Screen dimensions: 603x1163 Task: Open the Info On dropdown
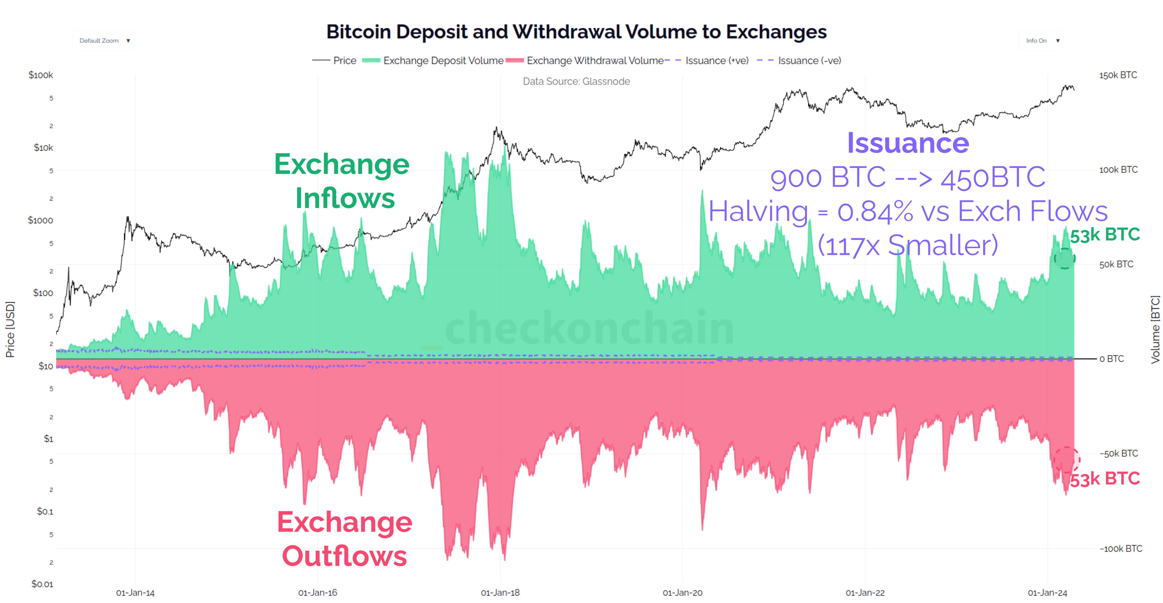tap(1041, 41)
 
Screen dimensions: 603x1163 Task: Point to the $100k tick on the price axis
tap(41, 75)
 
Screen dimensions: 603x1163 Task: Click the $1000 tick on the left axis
tap(40, 220)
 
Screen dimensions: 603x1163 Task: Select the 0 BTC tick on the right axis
tap(1111, 358)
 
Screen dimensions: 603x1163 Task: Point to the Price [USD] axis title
tap(10, 329)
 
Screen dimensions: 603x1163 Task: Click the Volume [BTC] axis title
tap(1154, 329)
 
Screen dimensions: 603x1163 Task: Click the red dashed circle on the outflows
tap(1066, 460)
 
